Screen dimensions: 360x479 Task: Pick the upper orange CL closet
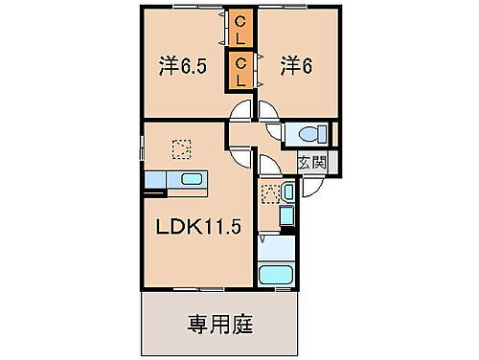point(240,30)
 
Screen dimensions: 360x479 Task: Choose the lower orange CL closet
point(240,71)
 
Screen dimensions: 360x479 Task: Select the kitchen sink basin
point(189,179)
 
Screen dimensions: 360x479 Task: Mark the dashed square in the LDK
point(181,148)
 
